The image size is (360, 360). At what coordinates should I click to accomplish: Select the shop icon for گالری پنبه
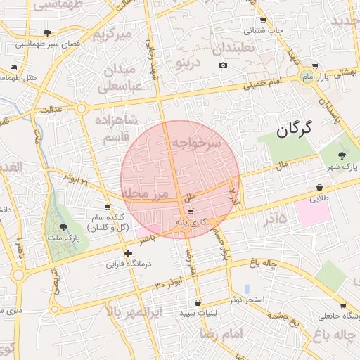[191, 210]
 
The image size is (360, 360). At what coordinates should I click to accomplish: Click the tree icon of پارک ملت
[64, 226]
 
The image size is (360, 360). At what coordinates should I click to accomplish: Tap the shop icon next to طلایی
[321, 188]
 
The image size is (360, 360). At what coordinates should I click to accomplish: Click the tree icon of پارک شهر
[342, 155]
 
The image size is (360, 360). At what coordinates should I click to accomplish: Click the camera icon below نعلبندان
[224, 65]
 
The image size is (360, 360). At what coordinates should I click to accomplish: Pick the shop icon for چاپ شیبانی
[264, 20]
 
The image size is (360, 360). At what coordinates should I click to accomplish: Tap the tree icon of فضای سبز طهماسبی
[47, 32]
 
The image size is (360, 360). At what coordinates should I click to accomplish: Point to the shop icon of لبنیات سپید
[198, 303]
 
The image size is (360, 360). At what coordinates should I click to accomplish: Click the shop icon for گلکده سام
[107, 207]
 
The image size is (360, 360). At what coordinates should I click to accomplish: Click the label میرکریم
[113, 33]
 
